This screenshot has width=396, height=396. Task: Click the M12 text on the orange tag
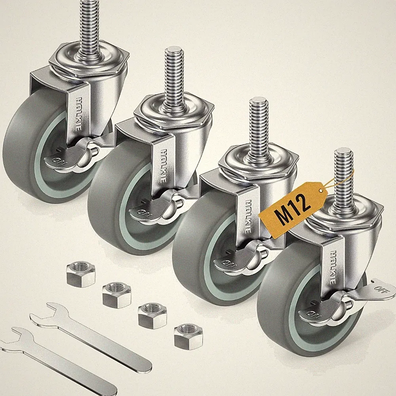pos(293,209)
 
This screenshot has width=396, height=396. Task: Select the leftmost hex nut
pos(80,274)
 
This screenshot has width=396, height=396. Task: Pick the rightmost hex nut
pos(188,337)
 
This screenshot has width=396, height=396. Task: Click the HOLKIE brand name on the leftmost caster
pos(78,114)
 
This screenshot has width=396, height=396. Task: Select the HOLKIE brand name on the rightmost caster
pos(333,267)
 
